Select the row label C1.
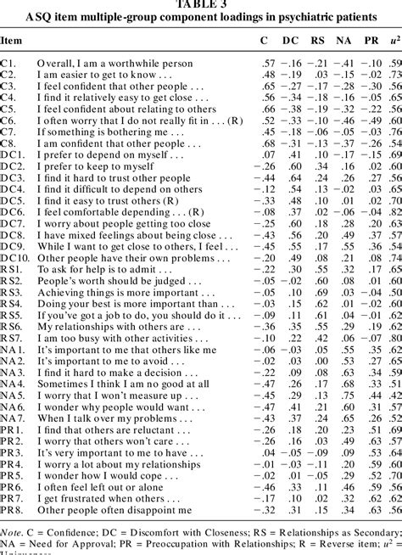point(8,64)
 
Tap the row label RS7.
point(12,337)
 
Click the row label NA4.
point(12,384)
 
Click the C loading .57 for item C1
point(267,64)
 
